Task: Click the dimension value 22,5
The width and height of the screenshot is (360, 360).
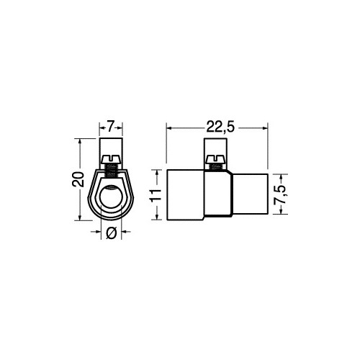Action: (220, 127)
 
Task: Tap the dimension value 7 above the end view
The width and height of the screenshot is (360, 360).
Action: (110, 127)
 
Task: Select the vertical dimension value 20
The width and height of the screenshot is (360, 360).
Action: (78, 179)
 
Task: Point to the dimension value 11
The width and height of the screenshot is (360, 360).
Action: (156, 194)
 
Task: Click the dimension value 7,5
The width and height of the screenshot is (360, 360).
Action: (281, 194)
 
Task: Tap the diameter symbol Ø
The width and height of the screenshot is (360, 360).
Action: (111, 233)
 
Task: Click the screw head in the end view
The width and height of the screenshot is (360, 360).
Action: (111, 158)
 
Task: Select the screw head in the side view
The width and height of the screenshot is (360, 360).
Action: (216, 158)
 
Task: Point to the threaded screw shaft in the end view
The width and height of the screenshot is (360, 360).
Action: (111, 170)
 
